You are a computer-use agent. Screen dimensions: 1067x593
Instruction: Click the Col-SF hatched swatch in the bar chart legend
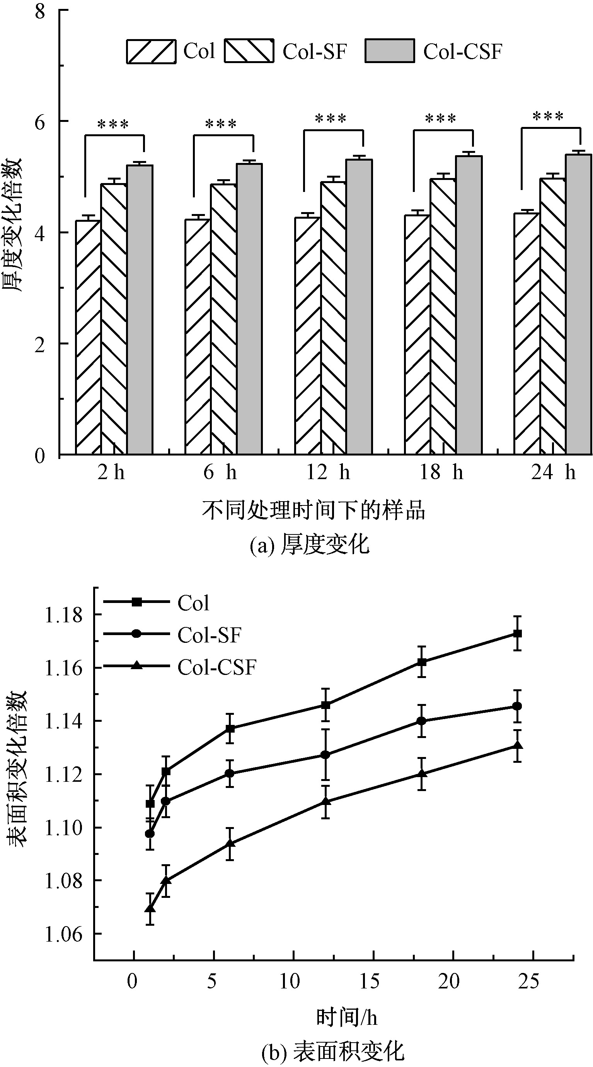(249, 51)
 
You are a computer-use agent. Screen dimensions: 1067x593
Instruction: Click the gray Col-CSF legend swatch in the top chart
(389, 51)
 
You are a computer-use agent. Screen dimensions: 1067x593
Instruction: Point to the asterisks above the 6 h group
(221, 124)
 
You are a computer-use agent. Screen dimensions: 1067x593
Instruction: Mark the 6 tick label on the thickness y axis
(40, 122)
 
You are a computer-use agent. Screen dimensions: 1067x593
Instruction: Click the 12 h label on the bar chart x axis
(328, 473)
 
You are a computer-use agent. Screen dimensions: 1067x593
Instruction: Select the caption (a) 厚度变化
(309, 544)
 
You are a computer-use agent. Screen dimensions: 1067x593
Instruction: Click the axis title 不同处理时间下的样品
(313, 510)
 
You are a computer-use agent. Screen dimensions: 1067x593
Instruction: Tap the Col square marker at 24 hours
(517, 634)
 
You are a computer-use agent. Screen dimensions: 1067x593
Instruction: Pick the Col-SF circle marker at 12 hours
(325, 755)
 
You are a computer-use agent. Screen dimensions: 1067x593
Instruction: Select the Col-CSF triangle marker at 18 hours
(422, 774)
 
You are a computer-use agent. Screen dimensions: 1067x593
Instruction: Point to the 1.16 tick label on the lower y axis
(63, 668)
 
